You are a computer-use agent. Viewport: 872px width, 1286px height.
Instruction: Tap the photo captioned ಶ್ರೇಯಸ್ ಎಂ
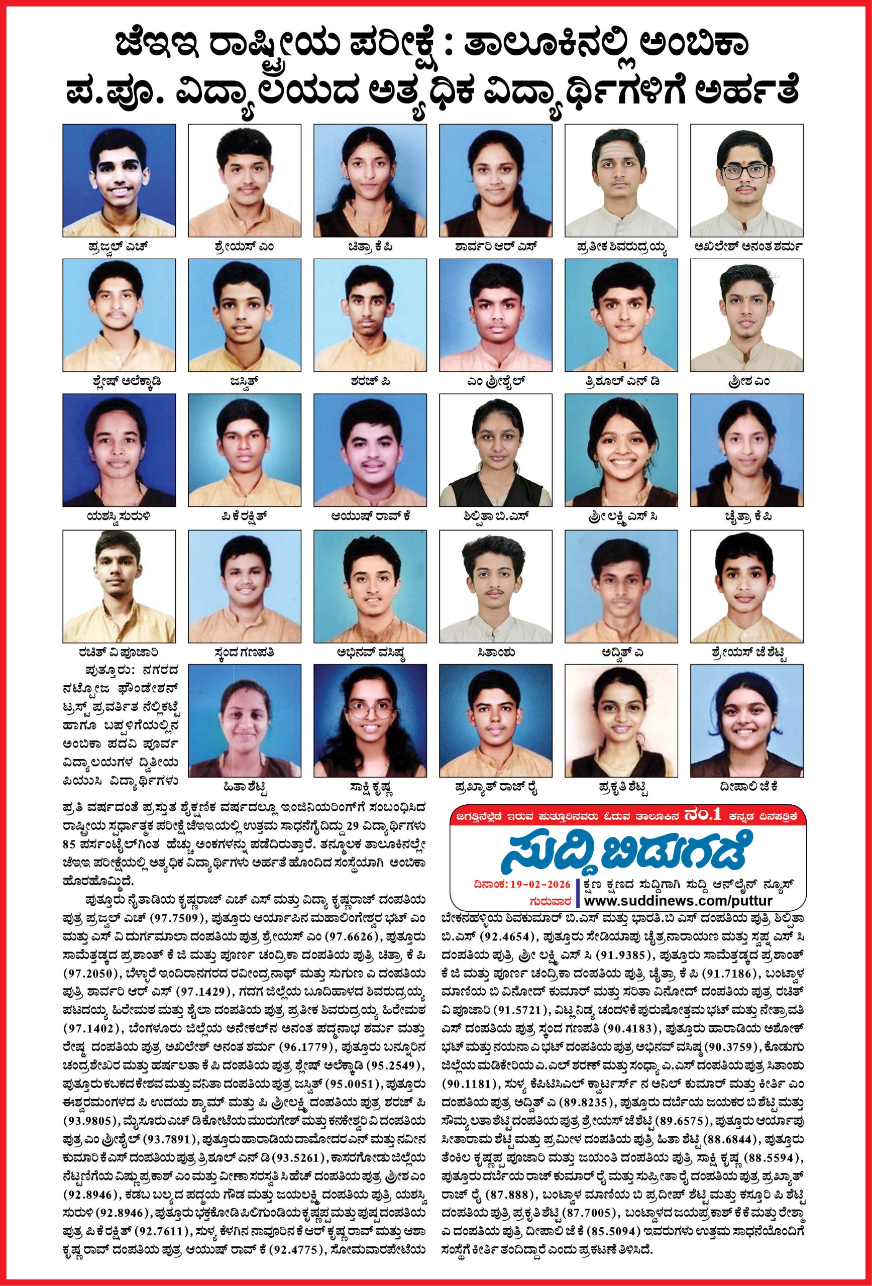tap(245, 180)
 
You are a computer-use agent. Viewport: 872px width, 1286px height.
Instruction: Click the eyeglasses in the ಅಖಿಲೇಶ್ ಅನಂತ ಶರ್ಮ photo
tap(746, 170)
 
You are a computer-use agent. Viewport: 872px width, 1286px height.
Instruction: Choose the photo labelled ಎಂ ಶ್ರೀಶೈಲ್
tap(496, 315)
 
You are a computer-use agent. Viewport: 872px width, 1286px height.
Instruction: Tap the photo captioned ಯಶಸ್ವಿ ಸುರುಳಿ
tap(119, 450)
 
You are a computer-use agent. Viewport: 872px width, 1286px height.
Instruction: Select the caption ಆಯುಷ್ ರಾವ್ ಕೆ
tap(370, 516)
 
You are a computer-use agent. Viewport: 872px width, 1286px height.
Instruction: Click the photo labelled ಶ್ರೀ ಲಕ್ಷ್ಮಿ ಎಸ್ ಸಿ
tap(621, 450)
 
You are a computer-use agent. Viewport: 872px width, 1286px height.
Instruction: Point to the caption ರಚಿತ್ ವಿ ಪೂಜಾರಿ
tap(119, 653)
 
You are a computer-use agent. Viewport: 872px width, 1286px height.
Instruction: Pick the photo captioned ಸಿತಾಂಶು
tap(496, 586)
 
